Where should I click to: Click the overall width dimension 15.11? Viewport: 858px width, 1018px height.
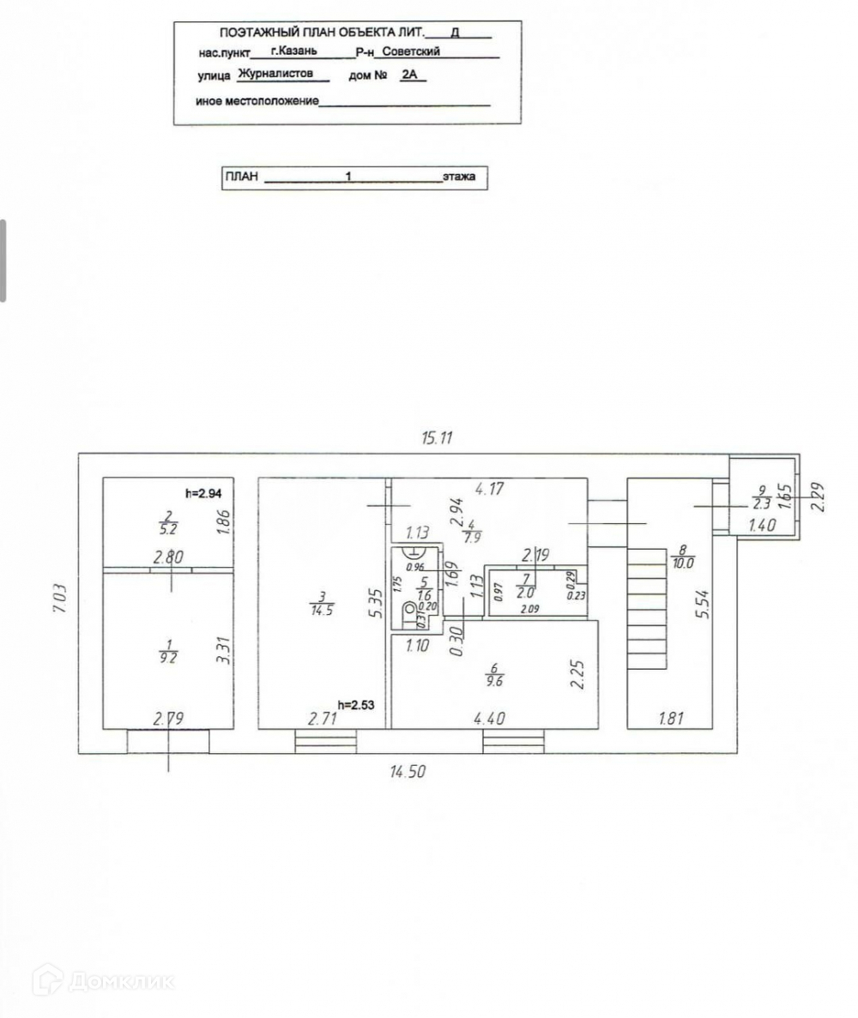(436, 437)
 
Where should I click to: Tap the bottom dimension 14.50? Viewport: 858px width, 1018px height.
(408, 771)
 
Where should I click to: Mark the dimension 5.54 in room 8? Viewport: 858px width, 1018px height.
(701, 604)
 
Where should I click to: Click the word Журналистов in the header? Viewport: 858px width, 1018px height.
(275, 75)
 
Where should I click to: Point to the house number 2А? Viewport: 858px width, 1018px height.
(413, 75)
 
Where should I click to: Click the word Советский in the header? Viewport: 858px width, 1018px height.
(411, 51)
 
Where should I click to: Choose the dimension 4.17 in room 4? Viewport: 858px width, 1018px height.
(489, 491)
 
